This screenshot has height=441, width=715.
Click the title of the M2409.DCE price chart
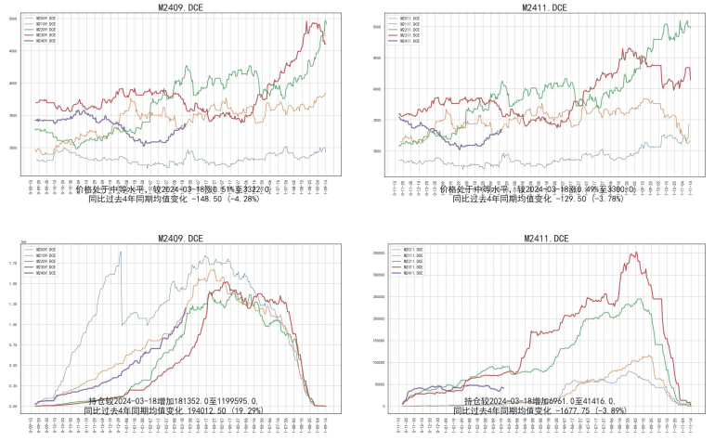[x=181, y=7]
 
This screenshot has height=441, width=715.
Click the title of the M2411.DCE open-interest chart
[x=541, y=240]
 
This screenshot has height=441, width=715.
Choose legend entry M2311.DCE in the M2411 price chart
[x=409, y=35]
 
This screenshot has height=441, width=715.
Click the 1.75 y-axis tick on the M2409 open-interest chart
[x=22, y=264]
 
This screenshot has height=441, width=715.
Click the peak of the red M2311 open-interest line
[x=635, y=253]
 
